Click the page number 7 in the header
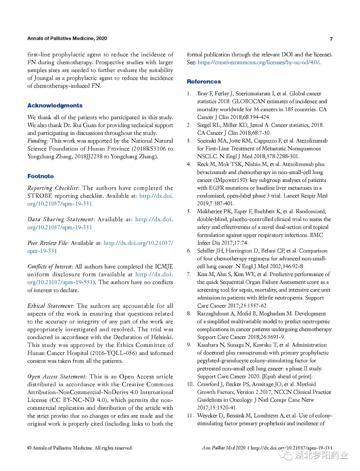tap(331, 39)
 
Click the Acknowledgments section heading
tap(55, 106)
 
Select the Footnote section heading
tap(40, 176)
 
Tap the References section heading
tap(204, 82)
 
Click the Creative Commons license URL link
tap(258, 62)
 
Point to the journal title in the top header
tap(67, 39)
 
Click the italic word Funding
tap(37, 141)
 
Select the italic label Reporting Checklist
tap(53, 188)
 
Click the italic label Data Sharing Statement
tap(60, 220)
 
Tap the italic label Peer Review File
tap(47, 243)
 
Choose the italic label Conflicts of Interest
tap(50, 266)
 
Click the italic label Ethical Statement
tap(50, 306)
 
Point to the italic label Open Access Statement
tap(57, 377)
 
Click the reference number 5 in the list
tap(189, 212)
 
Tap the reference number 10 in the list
tap(190, 384)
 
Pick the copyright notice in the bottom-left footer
tap(80, 448)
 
